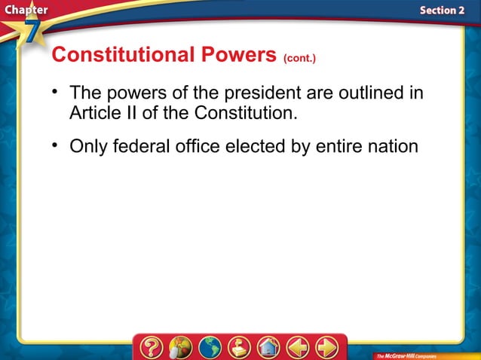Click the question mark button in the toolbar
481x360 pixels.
[x=151, y=346]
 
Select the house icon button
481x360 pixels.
[x=268, y=346]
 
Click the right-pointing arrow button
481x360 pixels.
[x=326, y=346]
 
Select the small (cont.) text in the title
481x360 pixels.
[x=300, y=58]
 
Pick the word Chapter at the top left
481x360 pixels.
[x=24, y=10]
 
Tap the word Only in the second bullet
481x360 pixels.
[x=89, y=146]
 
